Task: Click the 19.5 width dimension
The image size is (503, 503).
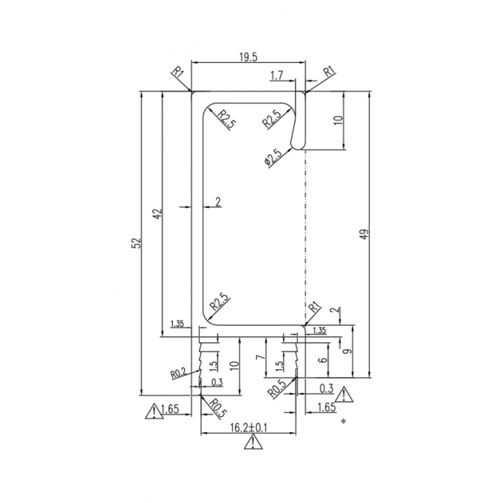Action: pyautogui.click(x=249, y=57)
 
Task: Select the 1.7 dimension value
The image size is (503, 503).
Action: pyautogui.click(x=277, y=76)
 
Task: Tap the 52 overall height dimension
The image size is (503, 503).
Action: pyautogui.click(x=136, y=243)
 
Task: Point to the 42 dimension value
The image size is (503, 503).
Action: pyautogui.click(x=157, y=214)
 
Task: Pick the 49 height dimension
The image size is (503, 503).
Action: pyautogui.click(x=365, y=234)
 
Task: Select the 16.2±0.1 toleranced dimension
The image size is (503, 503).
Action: pyautogui.click(x=249, y=427)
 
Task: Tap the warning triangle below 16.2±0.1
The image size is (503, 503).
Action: pyautogui.click(x=254, y=442)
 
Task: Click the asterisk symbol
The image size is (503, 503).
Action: pyautogui.click(x=344, y=421)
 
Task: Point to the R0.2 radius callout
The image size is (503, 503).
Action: pyautogui.click(x=178, y=374)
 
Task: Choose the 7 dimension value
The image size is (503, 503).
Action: pyautogui.click(x=262, y=356)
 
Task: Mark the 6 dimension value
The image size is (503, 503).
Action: pyautogui.click(x=324, y=359)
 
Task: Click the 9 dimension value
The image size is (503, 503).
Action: pyautogui.click(x=347, y=352)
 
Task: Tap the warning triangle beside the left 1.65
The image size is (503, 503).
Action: pyautogui.click(x=154, y=411)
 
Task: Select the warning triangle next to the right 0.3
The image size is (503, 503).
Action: pyautogui.click(x=344, y=394)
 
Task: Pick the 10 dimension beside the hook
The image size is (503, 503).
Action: pyautogui.click(x=338, y=120)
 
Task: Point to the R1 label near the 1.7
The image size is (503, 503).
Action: pyautogui.click(x=329, y=71)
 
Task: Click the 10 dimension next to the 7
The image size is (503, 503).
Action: pyautogui.click(x=235, y=365)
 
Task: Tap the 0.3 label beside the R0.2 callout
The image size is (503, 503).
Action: pyautogui.click(x=217, y=382)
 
